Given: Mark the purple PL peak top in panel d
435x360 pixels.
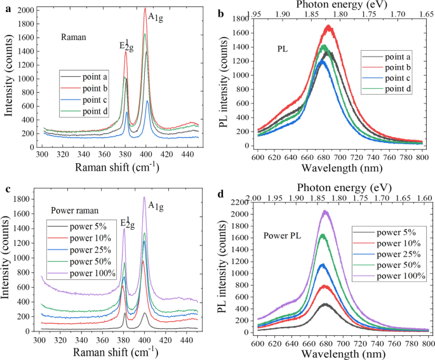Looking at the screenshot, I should click(325, 211).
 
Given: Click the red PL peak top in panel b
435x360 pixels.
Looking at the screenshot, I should click(328, 26).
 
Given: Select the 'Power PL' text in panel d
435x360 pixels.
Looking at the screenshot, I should click(283, 236).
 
